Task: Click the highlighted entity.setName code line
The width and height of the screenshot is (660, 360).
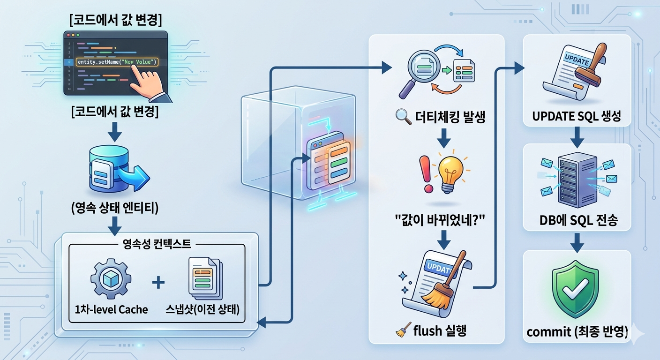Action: point(117,62)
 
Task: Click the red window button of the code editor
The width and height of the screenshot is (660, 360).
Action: point(68,35)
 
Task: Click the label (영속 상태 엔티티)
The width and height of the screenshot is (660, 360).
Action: point(115,208)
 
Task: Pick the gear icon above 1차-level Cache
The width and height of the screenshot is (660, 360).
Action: point(111,279)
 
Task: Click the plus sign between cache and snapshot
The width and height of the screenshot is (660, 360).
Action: point(158,282)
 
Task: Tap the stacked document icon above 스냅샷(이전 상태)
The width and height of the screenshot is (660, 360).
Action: point(205,278)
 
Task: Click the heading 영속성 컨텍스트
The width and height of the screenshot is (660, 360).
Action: point(157,244)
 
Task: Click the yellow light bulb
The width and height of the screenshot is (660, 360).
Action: point(450,172)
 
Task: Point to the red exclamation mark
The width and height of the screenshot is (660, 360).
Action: point(427,174)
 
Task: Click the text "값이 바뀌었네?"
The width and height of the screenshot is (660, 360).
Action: point(440,220)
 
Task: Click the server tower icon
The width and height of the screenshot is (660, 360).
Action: point(577,180)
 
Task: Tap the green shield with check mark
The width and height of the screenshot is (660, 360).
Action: point(575,289)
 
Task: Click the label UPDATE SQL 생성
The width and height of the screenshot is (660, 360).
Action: point(577,116)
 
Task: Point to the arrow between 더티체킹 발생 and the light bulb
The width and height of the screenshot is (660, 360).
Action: point(444,138)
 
